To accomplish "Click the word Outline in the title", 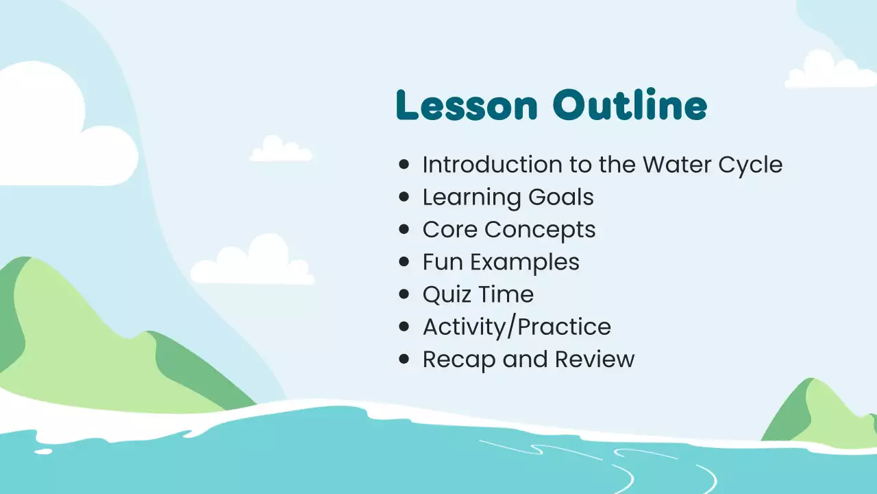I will [x=630, y=106].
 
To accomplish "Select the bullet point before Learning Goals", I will [x=404, y=197].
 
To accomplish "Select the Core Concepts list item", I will [x=508, y=230].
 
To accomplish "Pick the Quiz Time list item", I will [x=478, y=294].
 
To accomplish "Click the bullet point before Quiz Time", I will [x=404, y=294].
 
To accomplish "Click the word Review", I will [x=595, y=360].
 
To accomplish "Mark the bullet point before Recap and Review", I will [x=404, y=360].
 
